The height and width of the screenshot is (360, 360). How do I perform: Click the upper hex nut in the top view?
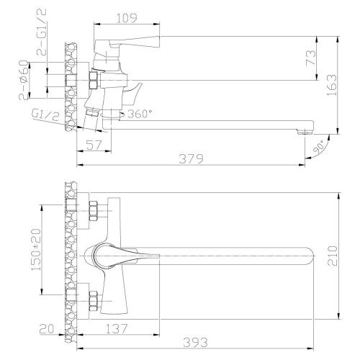point(94,212)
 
